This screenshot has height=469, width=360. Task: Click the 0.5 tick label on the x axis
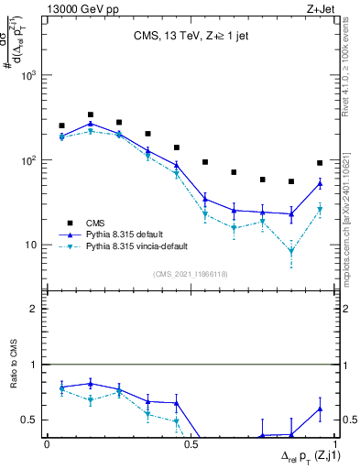190,444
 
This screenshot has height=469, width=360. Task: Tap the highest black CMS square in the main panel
90,115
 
